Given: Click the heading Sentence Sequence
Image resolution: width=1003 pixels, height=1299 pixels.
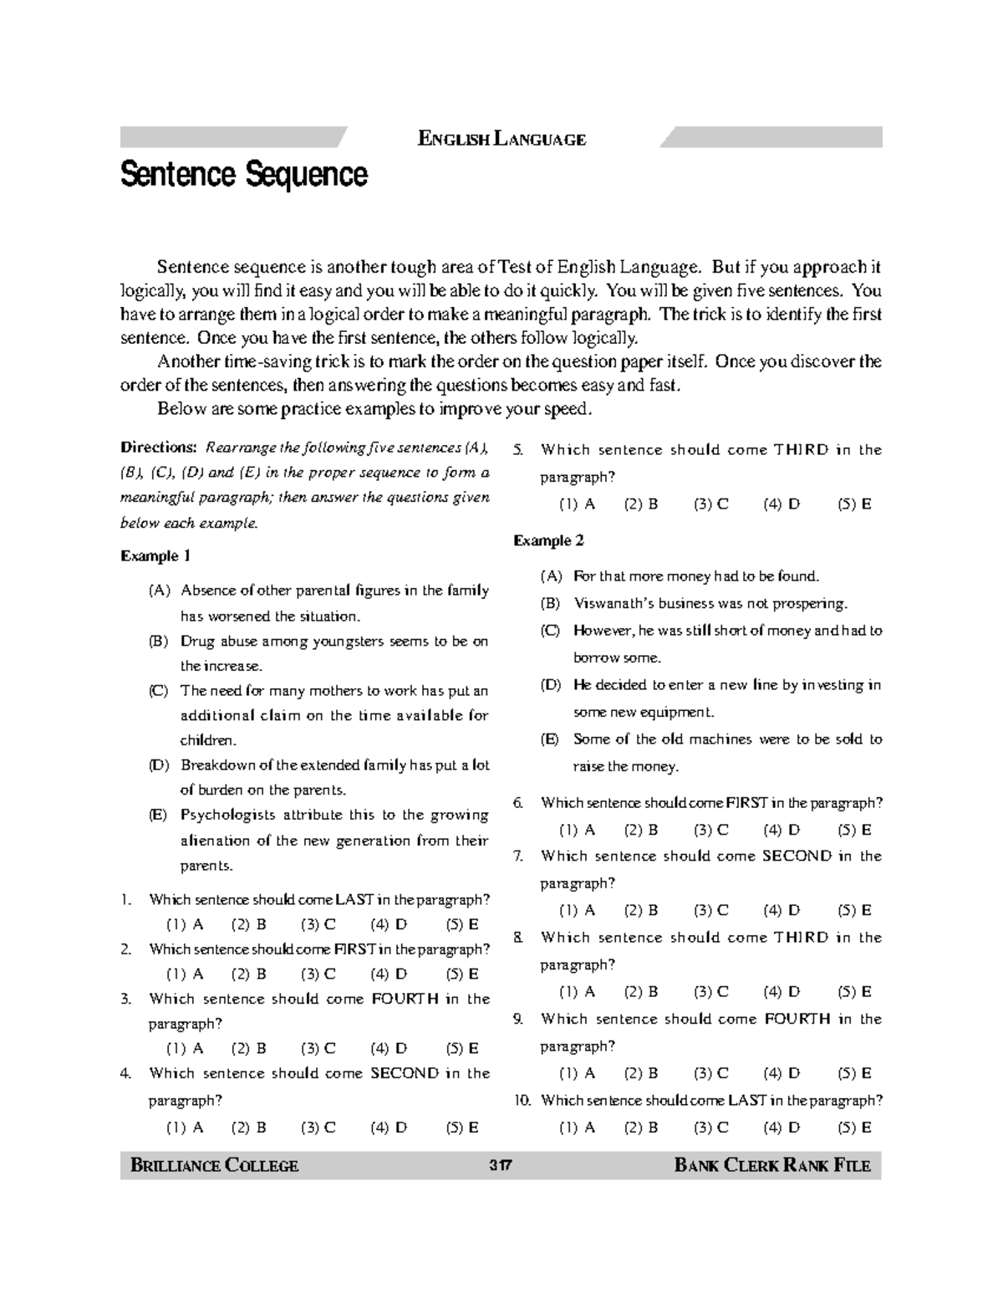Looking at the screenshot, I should pos(244,176).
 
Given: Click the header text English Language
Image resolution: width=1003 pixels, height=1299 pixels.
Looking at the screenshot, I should pos(501,140).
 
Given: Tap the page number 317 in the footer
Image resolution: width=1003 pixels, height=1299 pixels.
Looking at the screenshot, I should pos(501,1165).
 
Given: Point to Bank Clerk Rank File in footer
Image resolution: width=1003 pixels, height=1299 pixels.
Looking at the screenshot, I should pos(772,1165).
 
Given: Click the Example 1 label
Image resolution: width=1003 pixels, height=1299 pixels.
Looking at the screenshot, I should pos(156,556).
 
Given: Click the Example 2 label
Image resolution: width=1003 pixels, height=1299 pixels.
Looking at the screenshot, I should pos(548,541).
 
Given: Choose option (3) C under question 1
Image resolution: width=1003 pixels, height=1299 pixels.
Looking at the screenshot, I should pos(318,924).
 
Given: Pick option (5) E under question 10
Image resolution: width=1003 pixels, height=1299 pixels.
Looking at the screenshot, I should pos(854,1128).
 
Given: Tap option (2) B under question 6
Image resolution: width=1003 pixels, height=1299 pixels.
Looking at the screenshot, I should pos(641,830).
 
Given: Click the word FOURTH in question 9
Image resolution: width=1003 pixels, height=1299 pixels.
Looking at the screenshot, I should pos(797,1019).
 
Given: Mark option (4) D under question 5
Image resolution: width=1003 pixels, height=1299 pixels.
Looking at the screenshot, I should pos(782,504).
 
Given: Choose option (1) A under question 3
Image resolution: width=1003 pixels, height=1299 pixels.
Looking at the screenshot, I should pos(185,1048).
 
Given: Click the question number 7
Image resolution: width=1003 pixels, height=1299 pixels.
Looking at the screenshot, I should pos(519,856).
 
